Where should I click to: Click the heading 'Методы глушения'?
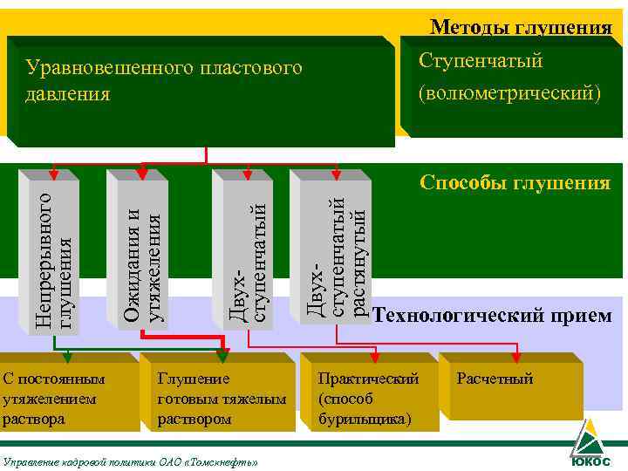(x=521, y=28)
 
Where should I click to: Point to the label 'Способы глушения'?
(x=515, y=183)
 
